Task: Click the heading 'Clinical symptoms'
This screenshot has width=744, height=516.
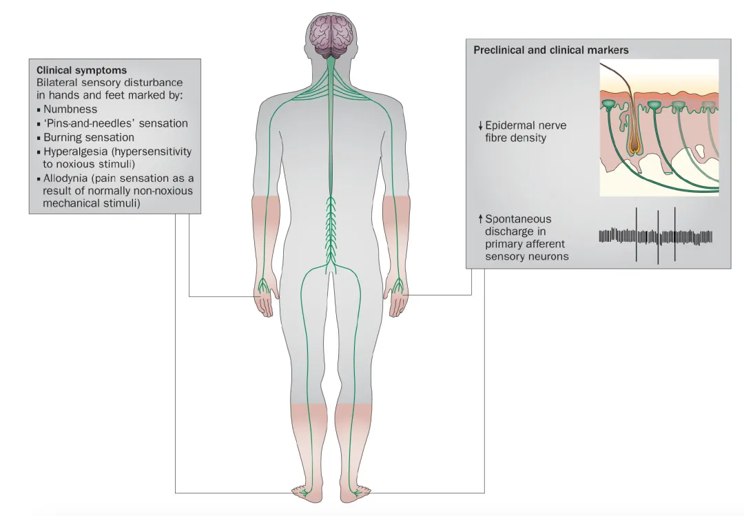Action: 81,70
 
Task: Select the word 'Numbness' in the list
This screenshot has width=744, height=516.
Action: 70,109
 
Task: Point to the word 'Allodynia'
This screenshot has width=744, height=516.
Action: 68,178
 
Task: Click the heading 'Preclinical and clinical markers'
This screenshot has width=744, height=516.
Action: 551,50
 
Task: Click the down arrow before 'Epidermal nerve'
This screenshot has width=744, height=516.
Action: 480,126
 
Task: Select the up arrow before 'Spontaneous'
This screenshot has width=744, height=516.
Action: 480,219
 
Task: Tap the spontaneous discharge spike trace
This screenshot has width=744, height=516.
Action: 655,237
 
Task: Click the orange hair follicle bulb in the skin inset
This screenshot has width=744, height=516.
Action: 634,145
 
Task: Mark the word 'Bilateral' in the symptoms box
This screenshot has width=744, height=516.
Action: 57,82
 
